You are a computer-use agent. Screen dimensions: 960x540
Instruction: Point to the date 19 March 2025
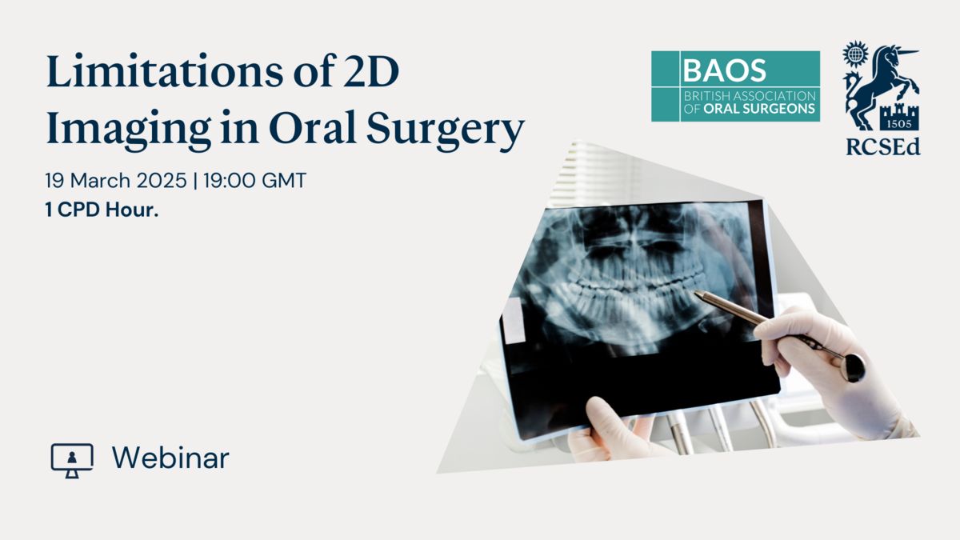click(x=116, y=181)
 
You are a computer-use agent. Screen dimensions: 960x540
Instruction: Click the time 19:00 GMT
click(x=254, y=181)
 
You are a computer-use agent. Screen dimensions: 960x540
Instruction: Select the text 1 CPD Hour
click(x=102, y=210)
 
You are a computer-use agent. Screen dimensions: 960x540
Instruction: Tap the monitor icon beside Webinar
click(x=72, y=460)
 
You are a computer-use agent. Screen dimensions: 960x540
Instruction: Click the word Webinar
click(x=170, y=458)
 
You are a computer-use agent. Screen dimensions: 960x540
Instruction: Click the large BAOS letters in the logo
click(x=724, y=70)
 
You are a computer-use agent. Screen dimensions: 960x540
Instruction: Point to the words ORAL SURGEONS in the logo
click(x=759, y=109)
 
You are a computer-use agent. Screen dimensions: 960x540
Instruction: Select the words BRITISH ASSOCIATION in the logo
click(x=750, y=95)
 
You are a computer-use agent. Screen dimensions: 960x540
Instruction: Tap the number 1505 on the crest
click(x=899, y=124)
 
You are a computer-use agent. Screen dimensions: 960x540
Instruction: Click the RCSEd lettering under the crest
click(x=883, y=146)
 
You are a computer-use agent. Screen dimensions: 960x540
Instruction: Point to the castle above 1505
click(x=899, y=111)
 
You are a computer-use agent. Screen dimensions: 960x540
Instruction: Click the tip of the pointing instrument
click(x=695, y=292)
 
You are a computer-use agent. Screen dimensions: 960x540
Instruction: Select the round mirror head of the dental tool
click(x=853, y=368)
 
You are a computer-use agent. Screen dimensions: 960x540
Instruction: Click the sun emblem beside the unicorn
click(x=855, y=54)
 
